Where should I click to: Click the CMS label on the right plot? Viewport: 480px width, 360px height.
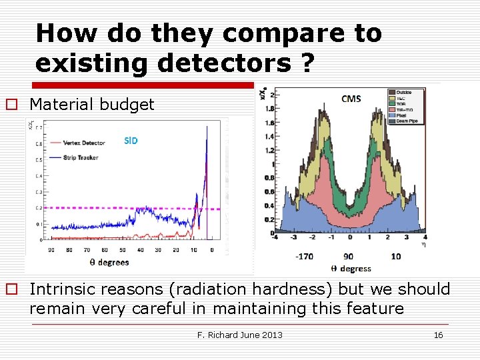351,99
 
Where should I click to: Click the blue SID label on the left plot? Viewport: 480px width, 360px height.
131,141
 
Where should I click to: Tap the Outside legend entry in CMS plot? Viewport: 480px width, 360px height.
404,92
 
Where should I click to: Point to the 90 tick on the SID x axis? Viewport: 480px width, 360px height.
51,250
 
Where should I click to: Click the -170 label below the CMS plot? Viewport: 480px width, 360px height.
304,256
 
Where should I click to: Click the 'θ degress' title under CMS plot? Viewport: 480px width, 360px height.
351,269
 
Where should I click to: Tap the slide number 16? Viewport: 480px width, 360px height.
438,335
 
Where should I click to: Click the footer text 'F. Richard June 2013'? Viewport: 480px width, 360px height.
239,335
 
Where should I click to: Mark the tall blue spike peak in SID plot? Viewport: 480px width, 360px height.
207,129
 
